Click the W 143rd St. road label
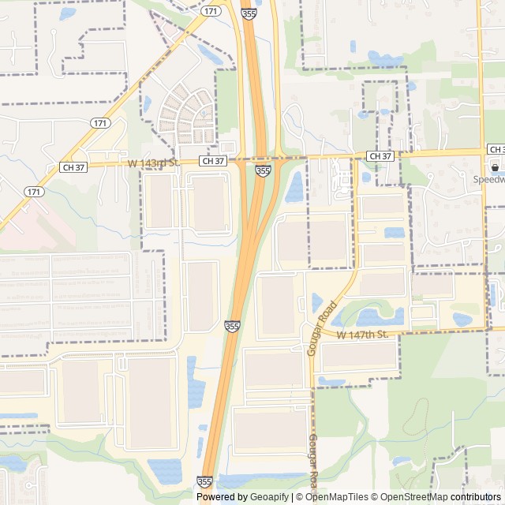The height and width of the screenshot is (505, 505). pyautogui.click(x=154, y=163)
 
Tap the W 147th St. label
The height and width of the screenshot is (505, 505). pyautogui.click(x=363, y=335)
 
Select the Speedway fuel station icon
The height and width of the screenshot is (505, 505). pyautogui.click(x=495, y=167)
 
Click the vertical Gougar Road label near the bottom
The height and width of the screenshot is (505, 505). pyautogui.click(x=312, y=459)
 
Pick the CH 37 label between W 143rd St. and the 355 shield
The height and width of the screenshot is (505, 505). pyautogui.click(x=213, y=161)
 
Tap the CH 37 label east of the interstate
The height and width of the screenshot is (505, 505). pyautogui.click(x=380, y=156)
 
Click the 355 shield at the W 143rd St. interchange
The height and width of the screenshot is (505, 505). pyautogui.click(x=264, y=170)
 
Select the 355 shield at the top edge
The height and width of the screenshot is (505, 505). pyautogui.click(x=249, y=13)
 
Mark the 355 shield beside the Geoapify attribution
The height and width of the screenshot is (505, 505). pyautogui.click(x=204, y=481)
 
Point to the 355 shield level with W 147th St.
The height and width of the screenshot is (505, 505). pyautogui.click(x=232, y=326)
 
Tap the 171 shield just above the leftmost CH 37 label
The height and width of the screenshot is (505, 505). pyautogui.click(x=100, y=123)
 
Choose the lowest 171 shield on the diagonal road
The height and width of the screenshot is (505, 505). pyautogui.click(x=33, y=192)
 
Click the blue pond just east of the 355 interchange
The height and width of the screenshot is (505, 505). pyautogui.click(x=295, y=188)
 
